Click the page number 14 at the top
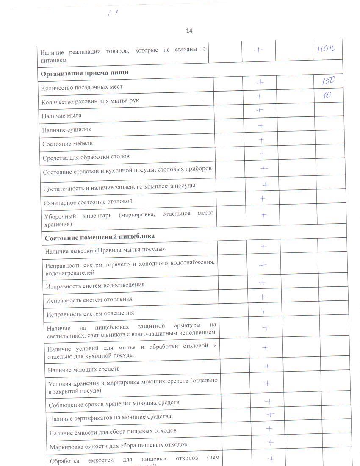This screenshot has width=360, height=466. [x=189, y=31]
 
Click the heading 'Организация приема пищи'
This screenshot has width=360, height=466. [x=85, y=73]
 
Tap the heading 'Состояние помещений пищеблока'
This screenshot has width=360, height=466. [x=100, y=236]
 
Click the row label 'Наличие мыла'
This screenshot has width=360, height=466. [x=62, y=115]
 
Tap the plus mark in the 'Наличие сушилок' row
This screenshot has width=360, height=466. [x=261, y=125]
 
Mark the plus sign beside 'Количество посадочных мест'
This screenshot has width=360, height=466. [x=260, y=83]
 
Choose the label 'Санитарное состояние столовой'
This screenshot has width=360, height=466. [x=88, y=202]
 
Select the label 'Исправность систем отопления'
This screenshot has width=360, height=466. [x=89, y=299]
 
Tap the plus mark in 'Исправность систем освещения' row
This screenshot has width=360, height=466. [x=263, y=311]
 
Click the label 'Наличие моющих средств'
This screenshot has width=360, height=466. [x=84, y=369]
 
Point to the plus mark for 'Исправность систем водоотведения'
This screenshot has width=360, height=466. [x=262, y=282]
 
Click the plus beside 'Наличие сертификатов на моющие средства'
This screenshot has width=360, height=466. [x=270, y=414]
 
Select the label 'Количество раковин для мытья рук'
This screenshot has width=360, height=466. [x=90, y=101]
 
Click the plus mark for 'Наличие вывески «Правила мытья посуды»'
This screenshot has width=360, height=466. [x=263, y=246]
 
